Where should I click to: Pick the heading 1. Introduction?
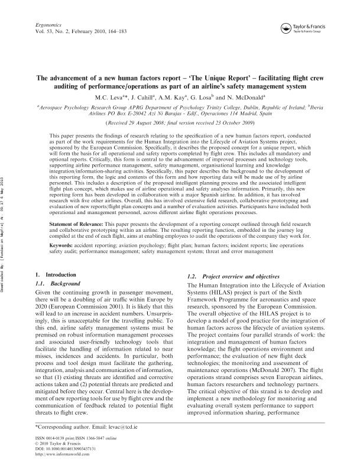point(53,275)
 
